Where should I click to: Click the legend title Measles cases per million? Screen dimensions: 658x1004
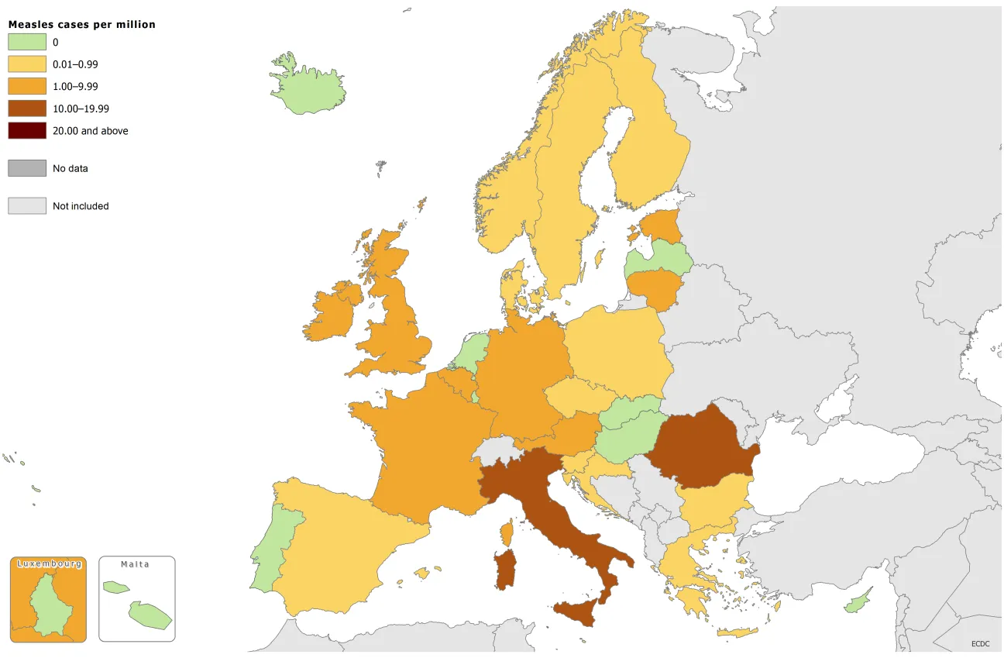point(81,25)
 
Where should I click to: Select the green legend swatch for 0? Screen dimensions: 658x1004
point(27,43)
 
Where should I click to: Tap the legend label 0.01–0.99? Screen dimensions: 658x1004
point(75,64)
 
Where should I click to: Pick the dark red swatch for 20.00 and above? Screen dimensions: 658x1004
point(27,131)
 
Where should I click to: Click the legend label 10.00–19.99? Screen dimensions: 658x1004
point(81,109)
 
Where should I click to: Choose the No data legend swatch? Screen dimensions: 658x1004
point(27,168)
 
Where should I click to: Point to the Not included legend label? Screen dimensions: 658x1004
point(81,206)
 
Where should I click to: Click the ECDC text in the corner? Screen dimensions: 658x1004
point(981,643)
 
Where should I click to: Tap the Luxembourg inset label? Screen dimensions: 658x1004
point(49,564)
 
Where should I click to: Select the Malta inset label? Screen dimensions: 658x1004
point(136,564)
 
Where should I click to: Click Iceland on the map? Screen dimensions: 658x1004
point(310,85)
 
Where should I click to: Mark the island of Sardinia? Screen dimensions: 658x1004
point(505,570)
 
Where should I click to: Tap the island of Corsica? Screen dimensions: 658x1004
point(507,533)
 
